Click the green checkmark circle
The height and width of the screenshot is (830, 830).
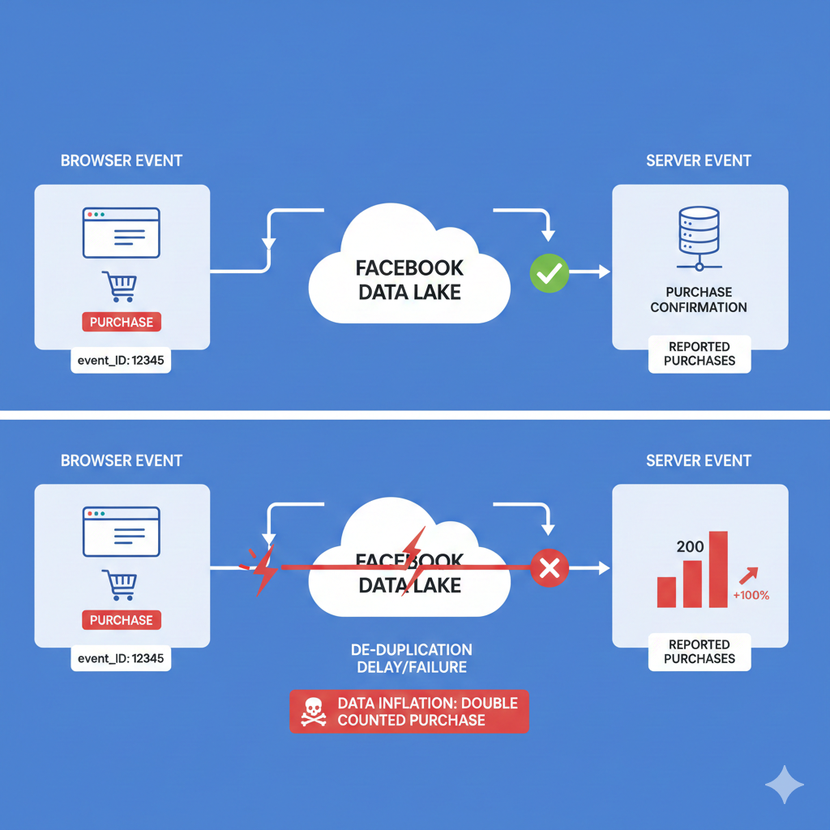(x=550, y=273)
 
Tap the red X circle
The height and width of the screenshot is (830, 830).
(x=550, y=568)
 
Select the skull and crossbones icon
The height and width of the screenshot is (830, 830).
(x=314, y=712)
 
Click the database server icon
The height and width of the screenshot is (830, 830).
(x=700, y=238)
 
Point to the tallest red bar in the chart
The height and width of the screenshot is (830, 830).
(x=718, y=570)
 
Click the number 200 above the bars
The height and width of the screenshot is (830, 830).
(x=691, y=546)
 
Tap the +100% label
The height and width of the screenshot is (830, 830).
(x=751, y=595)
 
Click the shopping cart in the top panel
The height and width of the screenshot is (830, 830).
(x=120, y=287)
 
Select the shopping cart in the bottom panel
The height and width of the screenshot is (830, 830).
(x=120, y=585)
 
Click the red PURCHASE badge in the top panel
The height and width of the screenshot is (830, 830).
(x=122, y=322)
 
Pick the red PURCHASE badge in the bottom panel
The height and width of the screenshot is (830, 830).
(x=122, y=620)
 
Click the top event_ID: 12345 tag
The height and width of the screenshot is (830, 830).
(x=121, y=361)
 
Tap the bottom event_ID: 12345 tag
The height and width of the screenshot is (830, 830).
(x=121, y=658)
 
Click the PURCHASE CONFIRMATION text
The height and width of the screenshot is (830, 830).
(x=699, y=300)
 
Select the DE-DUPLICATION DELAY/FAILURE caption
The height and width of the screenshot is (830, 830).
(x=412, y=658)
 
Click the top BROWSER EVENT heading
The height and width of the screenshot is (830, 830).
(x=122, y=160)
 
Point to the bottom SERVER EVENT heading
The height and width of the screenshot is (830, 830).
(x=699, y=460)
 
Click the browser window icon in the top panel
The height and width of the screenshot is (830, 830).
(x=122, y=233)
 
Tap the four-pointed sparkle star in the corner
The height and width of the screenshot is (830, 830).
(x=785, y=785)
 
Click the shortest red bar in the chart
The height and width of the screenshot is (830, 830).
(x=666, y=592)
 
